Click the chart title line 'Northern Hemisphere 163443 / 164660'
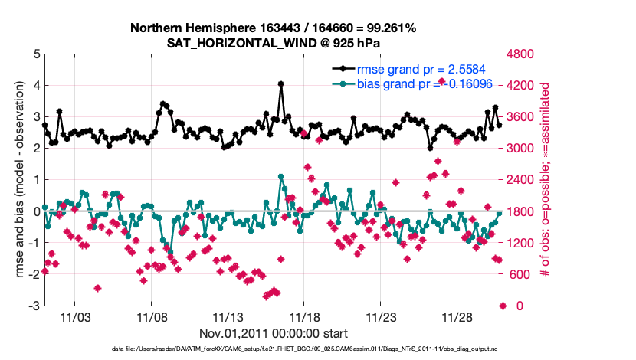pos(274,28)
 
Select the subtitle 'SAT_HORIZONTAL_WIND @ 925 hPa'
pos(274,43)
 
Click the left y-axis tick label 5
pos(36,54)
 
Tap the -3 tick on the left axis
pos(34,306)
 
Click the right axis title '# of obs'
pos(546,180)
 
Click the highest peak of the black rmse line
pos(281,84)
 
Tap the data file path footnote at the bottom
pos(274,349)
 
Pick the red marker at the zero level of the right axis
pos(503,306)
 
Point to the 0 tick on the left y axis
pos(36,211)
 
